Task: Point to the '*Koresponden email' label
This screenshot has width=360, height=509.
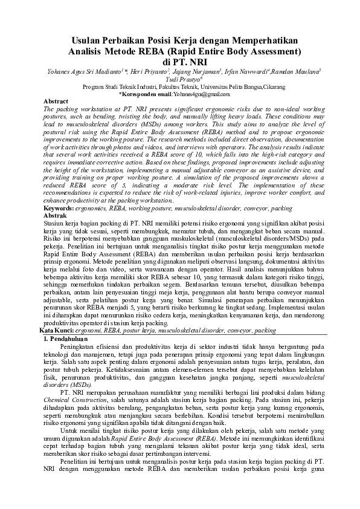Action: [x=145, y=94]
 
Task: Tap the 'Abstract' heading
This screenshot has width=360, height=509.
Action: [x=56, y=101]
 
